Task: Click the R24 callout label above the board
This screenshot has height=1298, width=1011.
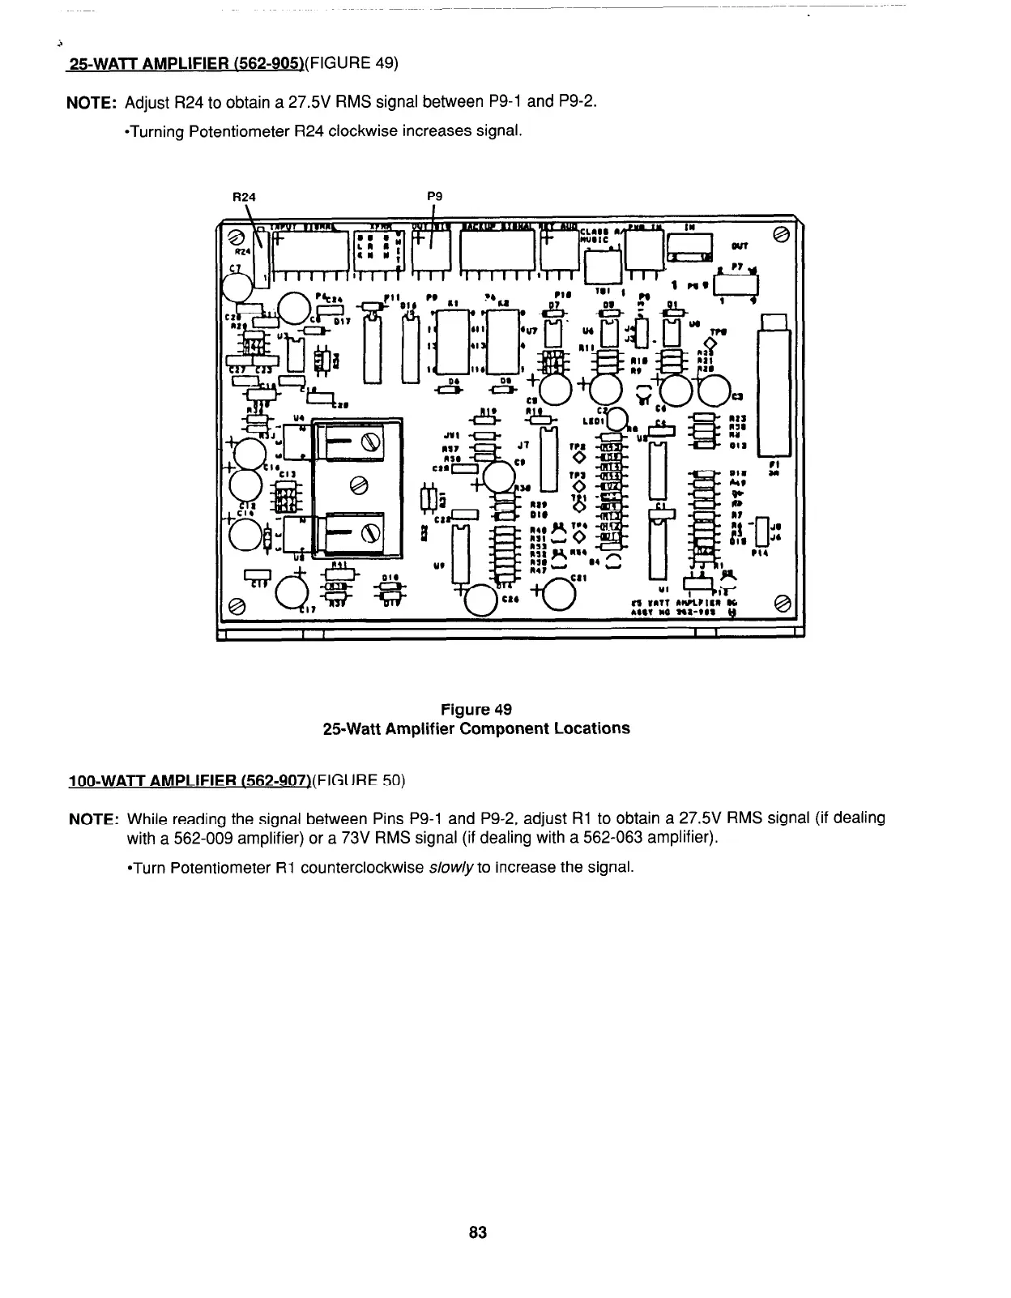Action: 243,196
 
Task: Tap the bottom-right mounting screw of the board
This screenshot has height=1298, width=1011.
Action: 782,603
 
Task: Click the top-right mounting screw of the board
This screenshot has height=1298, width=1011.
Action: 782,234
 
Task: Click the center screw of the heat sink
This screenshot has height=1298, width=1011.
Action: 357,486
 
